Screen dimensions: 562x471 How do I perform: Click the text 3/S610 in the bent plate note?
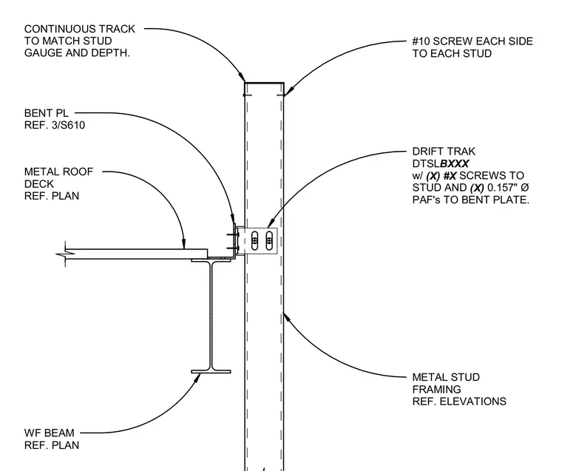click(69, 125)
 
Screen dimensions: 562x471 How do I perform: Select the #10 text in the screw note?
click(421, 41)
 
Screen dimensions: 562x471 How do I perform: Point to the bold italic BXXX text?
click(454, 163)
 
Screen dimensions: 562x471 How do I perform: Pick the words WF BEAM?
click(49, 433)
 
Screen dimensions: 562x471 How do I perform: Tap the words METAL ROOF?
click(58, 172)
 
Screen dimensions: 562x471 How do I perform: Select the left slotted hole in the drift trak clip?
click(254, 240)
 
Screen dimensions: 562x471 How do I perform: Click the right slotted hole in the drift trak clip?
click(269, 240)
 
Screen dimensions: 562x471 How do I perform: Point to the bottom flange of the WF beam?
click(211, 372)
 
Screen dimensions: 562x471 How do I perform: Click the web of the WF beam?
click(211, 316)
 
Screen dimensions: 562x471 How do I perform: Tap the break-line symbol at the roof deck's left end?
click(65, 254)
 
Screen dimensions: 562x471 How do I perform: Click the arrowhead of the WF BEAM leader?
click(197, 377)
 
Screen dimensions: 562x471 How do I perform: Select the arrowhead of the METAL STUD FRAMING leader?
click(285, 316)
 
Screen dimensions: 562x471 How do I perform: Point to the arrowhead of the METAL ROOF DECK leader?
click(184, 245)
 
